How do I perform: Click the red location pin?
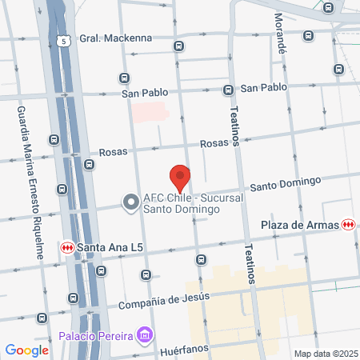coord(180,178)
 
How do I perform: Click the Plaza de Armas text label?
coord(301,225)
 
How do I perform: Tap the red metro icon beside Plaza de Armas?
coord(347,225)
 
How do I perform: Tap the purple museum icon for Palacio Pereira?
coord(144,333)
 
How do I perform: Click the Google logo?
coord(27,350)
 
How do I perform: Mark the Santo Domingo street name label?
coord(285,185)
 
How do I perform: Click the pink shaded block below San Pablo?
coord(150,111)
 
